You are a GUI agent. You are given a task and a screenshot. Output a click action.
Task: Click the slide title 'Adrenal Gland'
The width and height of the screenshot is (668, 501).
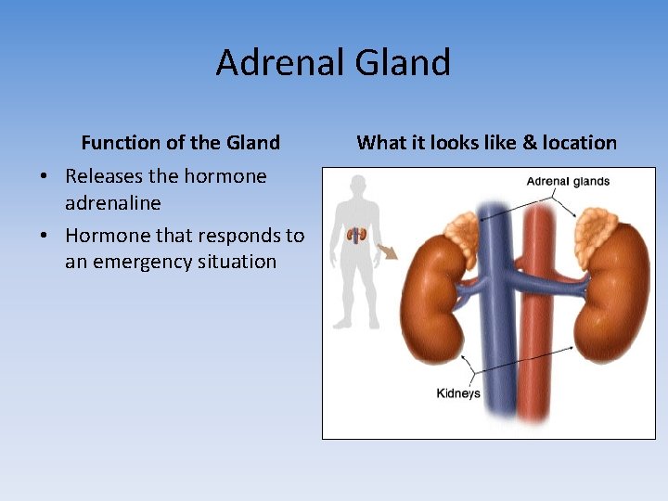click(333, 63)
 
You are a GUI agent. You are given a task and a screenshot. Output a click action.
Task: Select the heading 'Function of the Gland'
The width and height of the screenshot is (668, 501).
click(180, 143)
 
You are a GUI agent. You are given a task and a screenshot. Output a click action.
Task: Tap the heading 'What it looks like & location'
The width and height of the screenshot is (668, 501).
click(486, 143)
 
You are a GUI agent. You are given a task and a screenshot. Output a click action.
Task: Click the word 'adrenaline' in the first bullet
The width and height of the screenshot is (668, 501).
click(113, 202)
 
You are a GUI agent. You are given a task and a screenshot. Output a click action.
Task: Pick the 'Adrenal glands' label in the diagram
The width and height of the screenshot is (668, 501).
click(568, 182)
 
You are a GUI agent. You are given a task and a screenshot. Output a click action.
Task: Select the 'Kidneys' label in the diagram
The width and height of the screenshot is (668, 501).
click(458, 393)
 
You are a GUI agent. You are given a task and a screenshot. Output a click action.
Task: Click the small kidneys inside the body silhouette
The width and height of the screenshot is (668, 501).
click(356, 235)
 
